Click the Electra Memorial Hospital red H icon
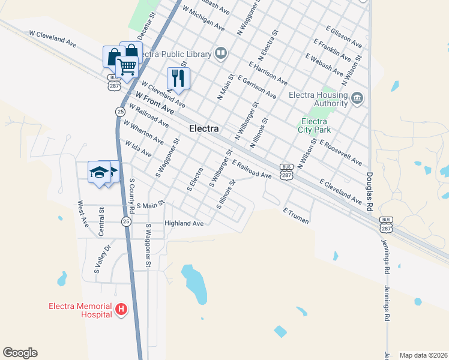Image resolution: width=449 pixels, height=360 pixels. coord(121,310)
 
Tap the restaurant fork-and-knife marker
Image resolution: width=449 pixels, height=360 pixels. coord(178,77)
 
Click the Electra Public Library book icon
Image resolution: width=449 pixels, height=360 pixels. coord(221,54)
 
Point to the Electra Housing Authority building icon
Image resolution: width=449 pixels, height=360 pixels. coord(357,97)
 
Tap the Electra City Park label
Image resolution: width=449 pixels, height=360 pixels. coord(314,125)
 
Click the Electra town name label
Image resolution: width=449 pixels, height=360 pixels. coord(203,128)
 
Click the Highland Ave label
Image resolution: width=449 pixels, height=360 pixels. coord(185,223)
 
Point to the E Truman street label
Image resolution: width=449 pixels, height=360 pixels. coord(296,217)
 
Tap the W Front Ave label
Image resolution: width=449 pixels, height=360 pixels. coord(154,103)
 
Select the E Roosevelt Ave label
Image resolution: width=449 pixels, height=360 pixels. coord(341,152)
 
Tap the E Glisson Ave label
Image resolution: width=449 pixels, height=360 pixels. coord(344,37)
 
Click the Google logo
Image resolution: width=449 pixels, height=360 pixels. coord(20,353)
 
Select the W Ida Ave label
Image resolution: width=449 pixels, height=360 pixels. coord(138,149)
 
